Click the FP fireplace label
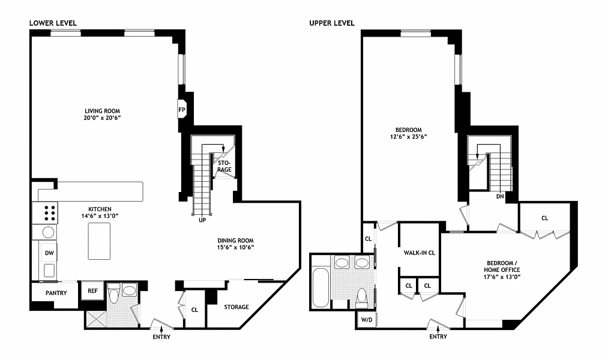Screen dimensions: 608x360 tap(182, 110)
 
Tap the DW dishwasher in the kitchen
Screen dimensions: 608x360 tap(49, 253)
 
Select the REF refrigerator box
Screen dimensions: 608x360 tap(92, 290)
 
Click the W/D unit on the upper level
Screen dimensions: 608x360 tap(367, 320)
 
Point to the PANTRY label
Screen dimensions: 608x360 tap(56, 293)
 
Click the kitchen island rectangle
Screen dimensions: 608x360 tap(99, 241)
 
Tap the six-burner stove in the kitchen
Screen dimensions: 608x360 tap(46, 213)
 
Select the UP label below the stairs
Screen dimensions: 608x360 tap(202, 220)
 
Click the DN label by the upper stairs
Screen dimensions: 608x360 tap(500, 196)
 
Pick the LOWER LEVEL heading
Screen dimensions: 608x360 tap(53, 23)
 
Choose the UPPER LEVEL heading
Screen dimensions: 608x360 tap(332, 23)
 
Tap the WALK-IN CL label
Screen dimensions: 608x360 tap(420, 253)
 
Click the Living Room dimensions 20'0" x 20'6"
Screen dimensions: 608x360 tap(103, 118)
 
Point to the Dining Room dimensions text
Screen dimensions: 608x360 tap(235, 247)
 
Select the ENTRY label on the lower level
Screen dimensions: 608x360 tap(161, 337)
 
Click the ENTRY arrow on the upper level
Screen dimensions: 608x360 tap(438, 328)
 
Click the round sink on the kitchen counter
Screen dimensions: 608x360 tap(48, 233)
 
